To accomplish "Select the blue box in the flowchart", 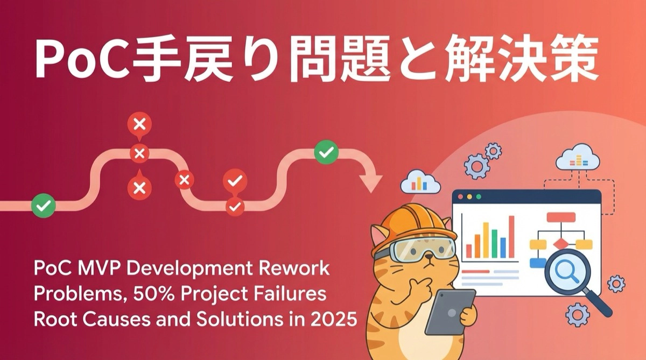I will point(537,263).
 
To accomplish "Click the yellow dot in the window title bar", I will point(470,197).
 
